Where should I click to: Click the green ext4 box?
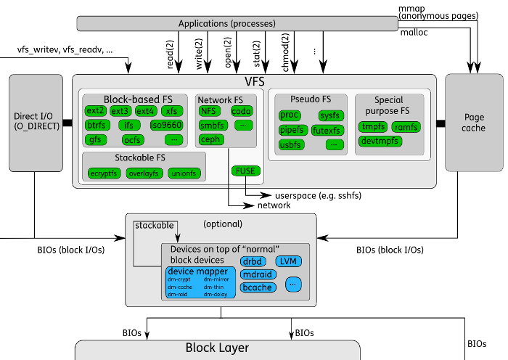146,111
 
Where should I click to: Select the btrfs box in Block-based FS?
96,125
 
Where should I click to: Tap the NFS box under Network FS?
210,111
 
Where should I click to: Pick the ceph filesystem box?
210,139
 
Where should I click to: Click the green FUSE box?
242,171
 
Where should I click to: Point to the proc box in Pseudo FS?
290,115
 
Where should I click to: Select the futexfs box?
327,131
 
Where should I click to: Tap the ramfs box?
407,127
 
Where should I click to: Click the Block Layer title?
218,348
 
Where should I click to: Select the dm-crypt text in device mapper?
179,279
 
